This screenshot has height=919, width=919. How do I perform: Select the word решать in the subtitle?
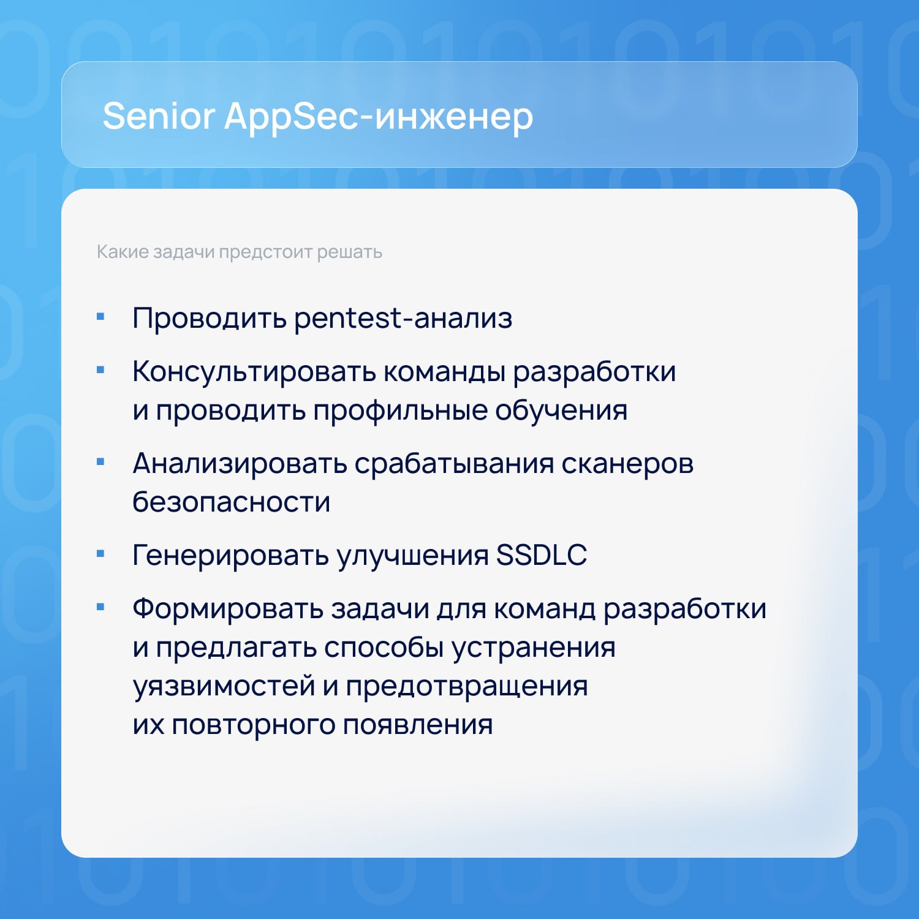tap(349, 252)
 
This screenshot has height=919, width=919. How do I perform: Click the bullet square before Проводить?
tap(101, 317)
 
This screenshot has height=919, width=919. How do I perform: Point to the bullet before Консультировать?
tap(101, 370)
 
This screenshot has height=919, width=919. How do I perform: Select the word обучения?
tap(561, 410)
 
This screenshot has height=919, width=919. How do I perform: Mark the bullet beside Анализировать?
tap(101, 462)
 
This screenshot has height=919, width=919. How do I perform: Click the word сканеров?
tap(627, 464)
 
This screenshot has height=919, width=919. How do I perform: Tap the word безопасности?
tap(232, 502)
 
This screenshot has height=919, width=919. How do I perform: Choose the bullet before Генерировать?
tap(101, 554)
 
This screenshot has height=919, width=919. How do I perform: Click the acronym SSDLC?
tap(542, 555)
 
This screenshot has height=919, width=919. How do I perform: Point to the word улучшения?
tap(413, 556)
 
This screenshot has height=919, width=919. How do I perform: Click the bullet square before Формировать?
tap(101, 607)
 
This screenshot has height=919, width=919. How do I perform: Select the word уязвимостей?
tap(224, 686)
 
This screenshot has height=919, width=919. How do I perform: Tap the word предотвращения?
tap(467, 686)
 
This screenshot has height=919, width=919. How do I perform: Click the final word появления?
tap(418, 725)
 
